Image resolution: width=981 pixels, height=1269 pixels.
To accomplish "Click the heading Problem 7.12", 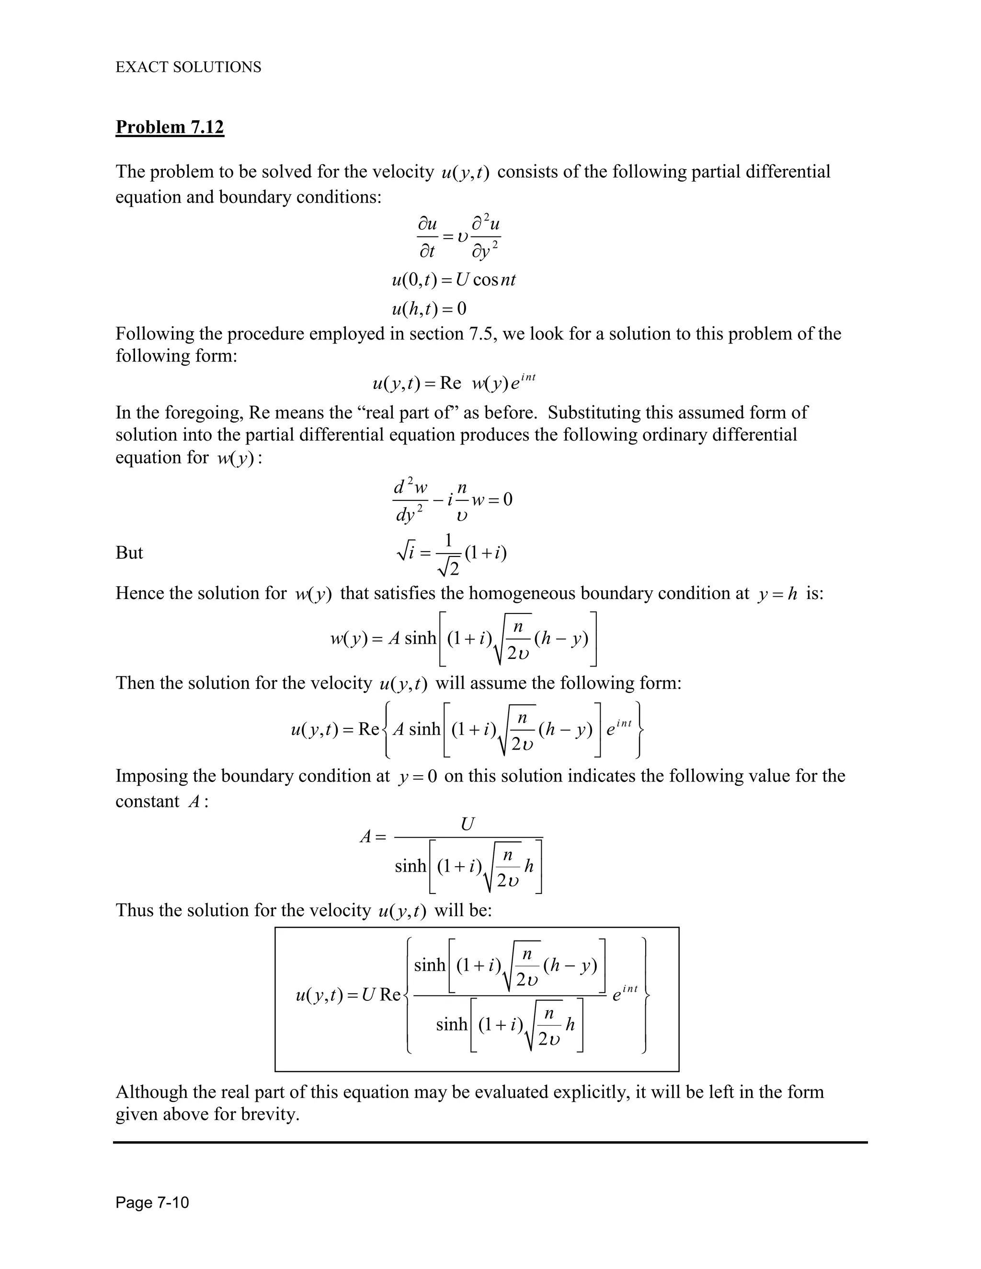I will [x=169, y=127].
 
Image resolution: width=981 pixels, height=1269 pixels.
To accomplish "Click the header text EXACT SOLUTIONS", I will [x=188, y=68].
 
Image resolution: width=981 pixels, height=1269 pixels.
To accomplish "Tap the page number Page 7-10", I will [x=152, y=1202].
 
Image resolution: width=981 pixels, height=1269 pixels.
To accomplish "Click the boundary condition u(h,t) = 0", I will [x=429, y=308].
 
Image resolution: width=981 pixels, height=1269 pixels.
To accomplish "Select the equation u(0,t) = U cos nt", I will [x=453, y=280].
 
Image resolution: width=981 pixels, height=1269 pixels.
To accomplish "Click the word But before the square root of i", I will [x=129, y=553].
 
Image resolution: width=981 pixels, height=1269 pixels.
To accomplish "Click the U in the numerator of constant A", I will [x=467, y=824].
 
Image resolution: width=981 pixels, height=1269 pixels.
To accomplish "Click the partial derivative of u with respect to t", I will [x=427, y=237].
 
